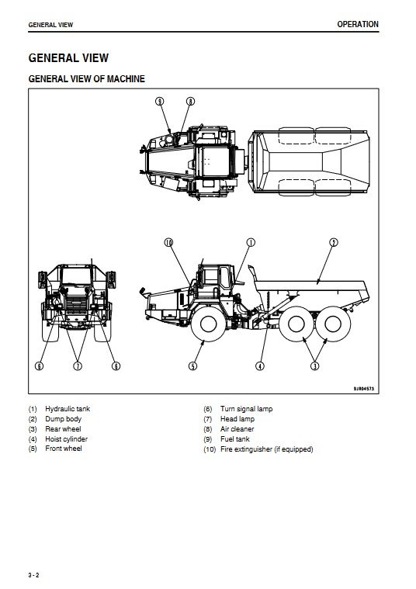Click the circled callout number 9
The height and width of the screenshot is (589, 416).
pos(160,102)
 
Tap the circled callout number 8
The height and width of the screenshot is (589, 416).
pos(190,102)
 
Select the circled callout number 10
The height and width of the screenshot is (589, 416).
pos(168,242)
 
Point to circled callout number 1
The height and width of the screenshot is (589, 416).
pos(251,242)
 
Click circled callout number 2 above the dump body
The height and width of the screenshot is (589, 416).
pos(333,242)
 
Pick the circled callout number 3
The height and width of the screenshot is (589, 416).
pos(315,366)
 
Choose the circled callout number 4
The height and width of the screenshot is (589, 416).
pos(260,366)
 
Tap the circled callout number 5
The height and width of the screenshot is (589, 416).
pos(192,366)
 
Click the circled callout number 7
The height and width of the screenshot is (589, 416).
pos(78,366)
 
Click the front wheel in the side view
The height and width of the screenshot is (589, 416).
pos(208,324)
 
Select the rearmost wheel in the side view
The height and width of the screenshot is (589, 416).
pos(333,324)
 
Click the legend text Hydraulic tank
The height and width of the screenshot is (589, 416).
pos(68,409)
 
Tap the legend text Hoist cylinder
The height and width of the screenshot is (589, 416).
pos(66,438)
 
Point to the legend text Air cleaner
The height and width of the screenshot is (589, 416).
pos(237,429)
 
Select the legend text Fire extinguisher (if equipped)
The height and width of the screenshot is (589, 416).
pos(267,449)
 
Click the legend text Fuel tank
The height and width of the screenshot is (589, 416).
pos(235,438)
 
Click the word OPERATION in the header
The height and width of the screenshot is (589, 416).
pos(358,24)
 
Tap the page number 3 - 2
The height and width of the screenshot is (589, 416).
pos(33,575)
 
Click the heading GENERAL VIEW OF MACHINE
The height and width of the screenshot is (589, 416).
pos(86,79)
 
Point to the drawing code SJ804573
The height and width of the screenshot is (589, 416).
pos(363,389)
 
